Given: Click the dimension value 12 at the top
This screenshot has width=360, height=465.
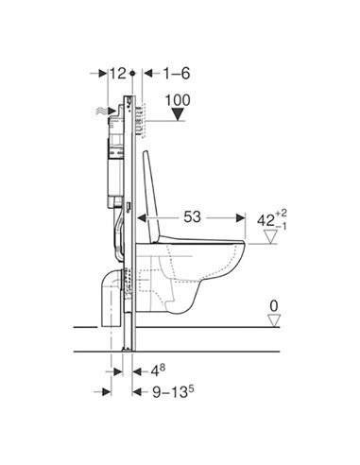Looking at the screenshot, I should coord(117,72).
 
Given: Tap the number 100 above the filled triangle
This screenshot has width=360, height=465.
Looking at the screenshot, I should coord(180,99).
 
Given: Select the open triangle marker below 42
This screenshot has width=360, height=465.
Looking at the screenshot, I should coord(273,241).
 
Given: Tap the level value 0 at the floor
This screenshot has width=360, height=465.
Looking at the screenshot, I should coord(273,305).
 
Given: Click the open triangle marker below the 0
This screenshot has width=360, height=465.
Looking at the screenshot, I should coord(273,321).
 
